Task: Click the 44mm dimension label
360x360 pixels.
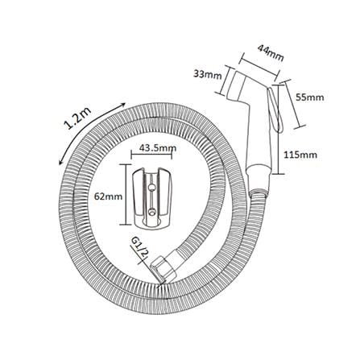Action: (271, 52)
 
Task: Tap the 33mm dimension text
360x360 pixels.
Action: (208, 75)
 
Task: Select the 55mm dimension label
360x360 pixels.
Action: (309, 97)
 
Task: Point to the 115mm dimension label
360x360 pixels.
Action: (300, 155)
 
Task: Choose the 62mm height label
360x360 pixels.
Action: (108, 197)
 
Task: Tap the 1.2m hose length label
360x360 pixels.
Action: (77, 119)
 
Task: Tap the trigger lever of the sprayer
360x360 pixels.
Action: (275, 110)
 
